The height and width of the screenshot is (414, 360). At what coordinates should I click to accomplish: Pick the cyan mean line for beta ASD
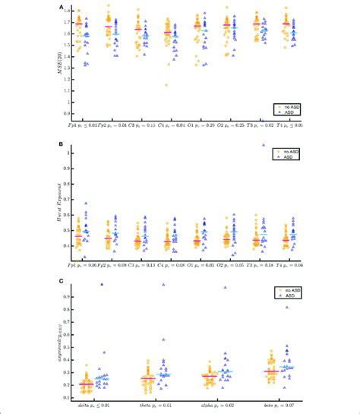[286, 367]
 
